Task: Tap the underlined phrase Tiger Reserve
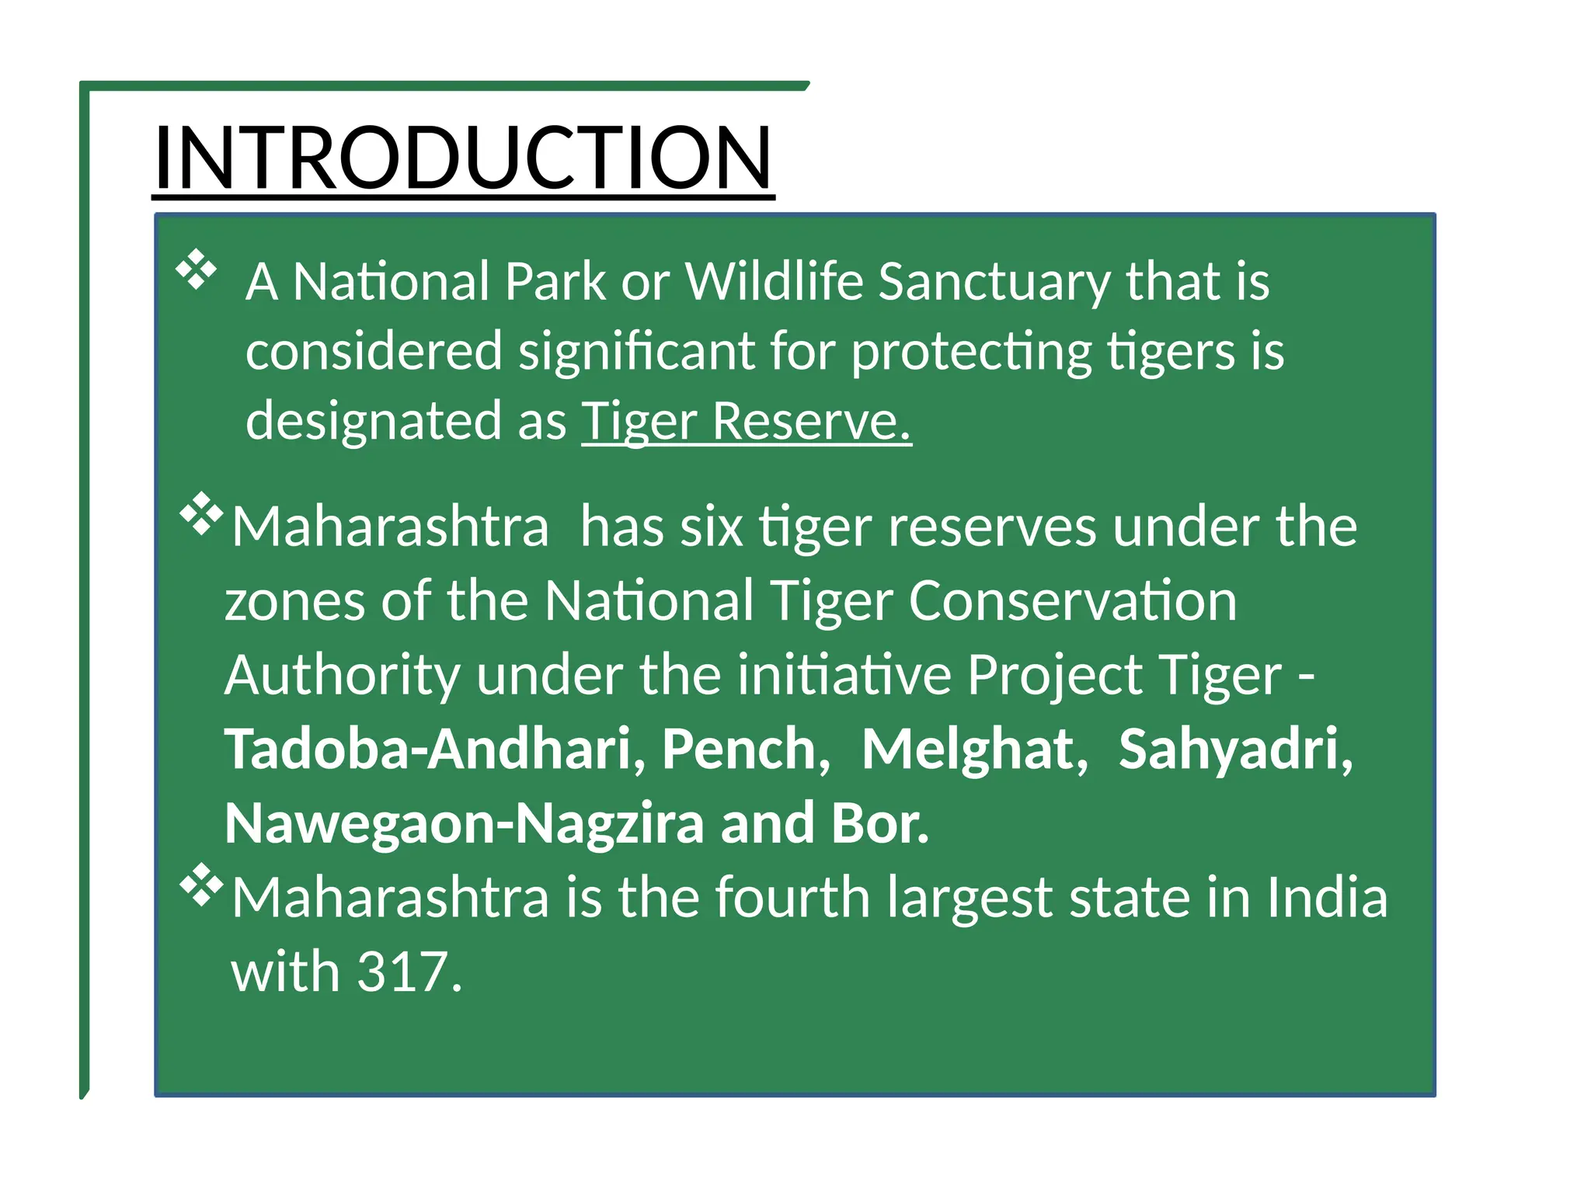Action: (746, 422)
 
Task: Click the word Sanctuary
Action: (994, 283)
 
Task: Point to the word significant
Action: (636, 352)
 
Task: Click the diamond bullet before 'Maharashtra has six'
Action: (201, 513)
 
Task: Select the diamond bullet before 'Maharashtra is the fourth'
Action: (201, 884)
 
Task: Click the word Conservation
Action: (1072, 601)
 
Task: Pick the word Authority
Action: (342, 676)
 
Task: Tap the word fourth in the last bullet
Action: (792, 897)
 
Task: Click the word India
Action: (1327, 897)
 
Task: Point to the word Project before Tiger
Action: (1054, 676)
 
